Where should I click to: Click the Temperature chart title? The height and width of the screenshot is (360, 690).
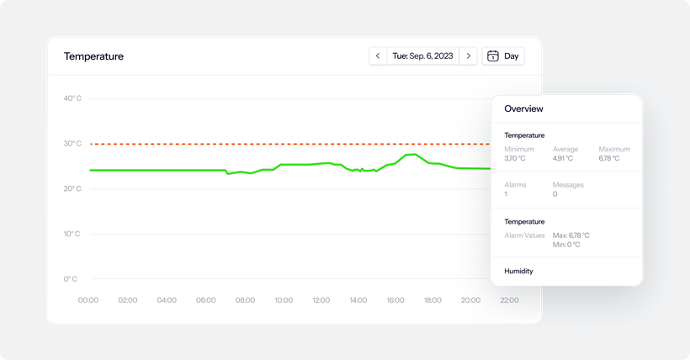coord(93,56)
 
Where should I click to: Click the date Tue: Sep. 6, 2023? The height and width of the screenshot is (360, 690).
coord(422,56)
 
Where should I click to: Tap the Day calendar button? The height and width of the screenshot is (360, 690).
coord(503,56)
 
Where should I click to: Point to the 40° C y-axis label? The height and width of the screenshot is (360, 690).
coord(72,98)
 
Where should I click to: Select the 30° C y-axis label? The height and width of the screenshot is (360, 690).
coord(72,144)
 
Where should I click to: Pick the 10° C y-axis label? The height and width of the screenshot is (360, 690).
coord(72,234)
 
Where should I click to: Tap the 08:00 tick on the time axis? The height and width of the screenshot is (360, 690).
coord(245,300)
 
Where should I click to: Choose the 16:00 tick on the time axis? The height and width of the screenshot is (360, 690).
coord(395,300)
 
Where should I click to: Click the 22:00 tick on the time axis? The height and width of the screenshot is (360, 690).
coord(508,300)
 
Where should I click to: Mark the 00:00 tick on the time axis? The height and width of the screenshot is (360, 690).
coord(88,300)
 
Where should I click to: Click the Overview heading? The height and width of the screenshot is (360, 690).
coord(523,109)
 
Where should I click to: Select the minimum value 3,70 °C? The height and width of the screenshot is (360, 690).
coord(515,158)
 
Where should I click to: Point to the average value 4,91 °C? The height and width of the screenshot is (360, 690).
coord(562,158)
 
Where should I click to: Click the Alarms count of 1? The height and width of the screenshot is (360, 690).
coord(506,194)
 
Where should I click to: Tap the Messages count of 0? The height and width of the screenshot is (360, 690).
coord(555,194)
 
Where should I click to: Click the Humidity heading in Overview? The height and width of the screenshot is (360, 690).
coord(518,271)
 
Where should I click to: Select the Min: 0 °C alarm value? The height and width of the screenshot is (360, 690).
coord(569,245)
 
